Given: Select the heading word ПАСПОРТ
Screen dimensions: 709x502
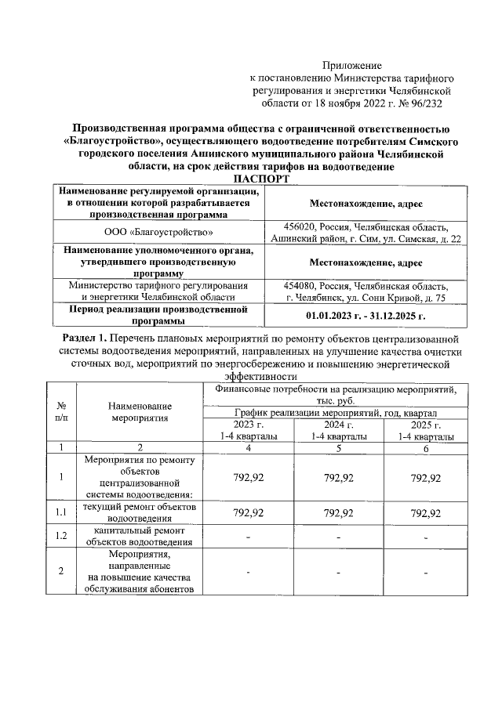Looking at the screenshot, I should point(252,179).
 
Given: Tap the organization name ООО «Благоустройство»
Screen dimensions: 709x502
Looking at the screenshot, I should point(159,233).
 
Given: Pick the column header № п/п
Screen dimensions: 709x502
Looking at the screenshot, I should point(61,411).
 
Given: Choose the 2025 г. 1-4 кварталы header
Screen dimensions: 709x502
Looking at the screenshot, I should point(426,430).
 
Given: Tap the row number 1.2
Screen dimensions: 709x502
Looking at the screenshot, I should point(61,537).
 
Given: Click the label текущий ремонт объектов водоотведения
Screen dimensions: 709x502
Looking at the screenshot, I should point(140,512).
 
